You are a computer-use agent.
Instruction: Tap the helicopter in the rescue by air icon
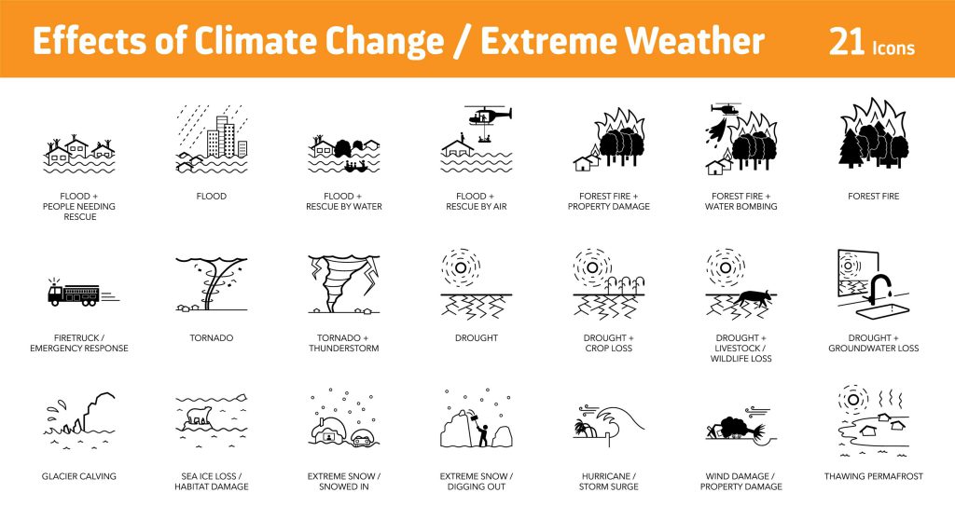pyautogui.click(x=488, y=116)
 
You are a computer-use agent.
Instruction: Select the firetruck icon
pyautogui.click(x=75, y=294)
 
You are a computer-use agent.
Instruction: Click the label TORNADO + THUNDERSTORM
pyautogui.click(x=344, y=343)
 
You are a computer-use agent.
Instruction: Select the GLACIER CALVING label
pyautogui.click(x=79, y=476)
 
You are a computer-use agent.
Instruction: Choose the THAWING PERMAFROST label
pyautogui.click(x=874, y=476)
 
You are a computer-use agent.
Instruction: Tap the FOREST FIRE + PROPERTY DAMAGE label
pyautogui.click(x=609, y=201)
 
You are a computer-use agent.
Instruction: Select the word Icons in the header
pyautogui.click(x=894, y=47)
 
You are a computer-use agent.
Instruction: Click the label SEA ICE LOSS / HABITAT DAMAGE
pyautogui.click(x=212, y=482)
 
